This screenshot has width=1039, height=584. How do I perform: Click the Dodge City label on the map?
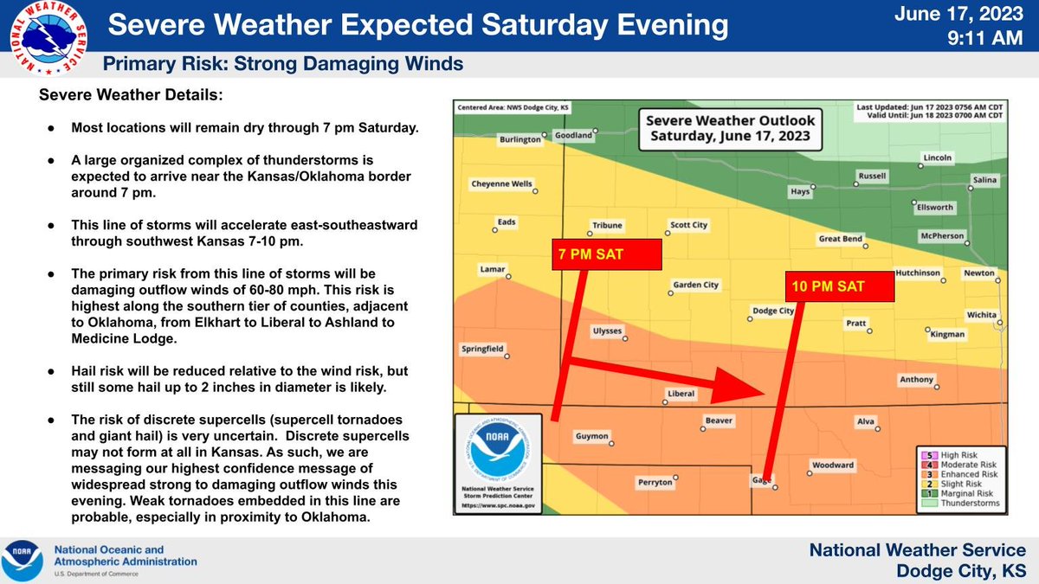click(773, 310)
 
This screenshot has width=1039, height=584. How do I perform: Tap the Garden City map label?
click(695, 285)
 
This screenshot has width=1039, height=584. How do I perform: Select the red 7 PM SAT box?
click(606, 254)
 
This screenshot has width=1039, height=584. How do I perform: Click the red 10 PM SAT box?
click(839, 287)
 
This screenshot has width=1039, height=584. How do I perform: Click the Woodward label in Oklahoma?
click(832, 465)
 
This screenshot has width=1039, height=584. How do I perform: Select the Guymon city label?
click(592, 436)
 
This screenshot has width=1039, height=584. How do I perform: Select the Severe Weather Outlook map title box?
click(730, 128)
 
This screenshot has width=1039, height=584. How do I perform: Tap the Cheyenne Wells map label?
click(502, 183)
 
